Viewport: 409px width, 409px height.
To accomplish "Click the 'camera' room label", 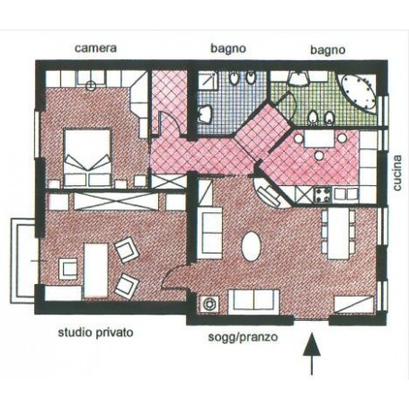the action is [x=95, y=49].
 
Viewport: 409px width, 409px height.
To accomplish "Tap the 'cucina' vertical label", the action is [x=397, y=173].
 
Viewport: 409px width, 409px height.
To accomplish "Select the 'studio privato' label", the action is [x=95, y=333].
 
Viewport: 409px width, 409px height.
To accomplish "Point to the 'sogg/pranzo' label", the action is [x=243, y=337].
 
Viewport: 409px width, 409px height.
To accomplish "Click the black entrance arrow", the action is [x=312, y=353].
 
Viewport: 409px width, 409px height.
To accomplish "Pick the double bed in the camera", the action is [x=87, y=158].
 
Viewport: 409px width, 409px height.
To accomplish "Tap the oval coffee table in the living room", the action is [x=252, y=246].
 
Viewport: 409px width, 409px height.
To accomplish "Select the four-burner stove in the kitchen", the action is [x=323, y=195].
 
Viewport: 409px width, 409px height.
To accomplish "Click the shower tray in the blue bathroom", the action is [x=208, y=80].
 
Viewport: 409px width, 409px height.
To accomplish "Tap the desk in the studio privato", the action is [x=96, y=271].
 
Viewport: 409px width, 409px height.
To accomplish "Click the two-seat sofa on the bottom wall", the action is [x=253, y=302].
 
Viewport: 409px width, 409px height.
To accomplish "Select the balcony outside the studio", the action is [x=23, y=261].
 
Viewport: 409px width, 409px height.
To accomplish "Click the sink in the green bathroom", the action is [x=298, y=79].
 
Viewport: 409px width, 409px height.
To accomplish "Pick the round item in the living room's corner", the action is [x=209, y=304].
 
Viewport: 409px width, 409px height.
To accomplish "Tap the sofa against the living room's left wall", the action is [x=209, y=233].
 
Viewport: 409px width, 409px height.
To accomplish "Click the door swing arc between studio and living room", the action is [x=173, y=275].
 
